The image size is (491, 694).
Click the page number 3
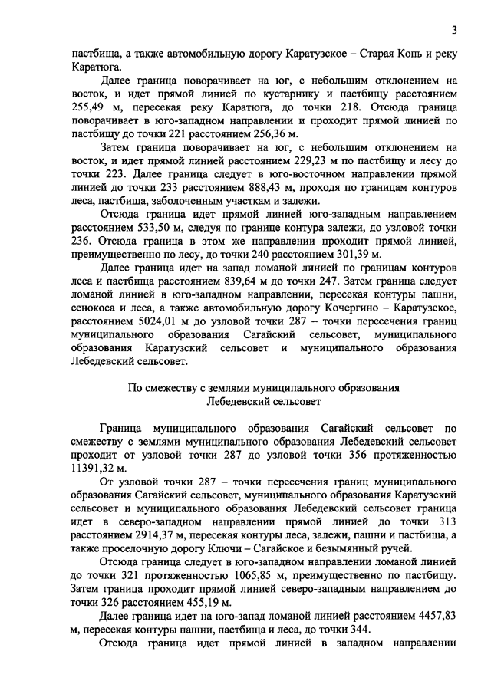coord(454,30)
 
